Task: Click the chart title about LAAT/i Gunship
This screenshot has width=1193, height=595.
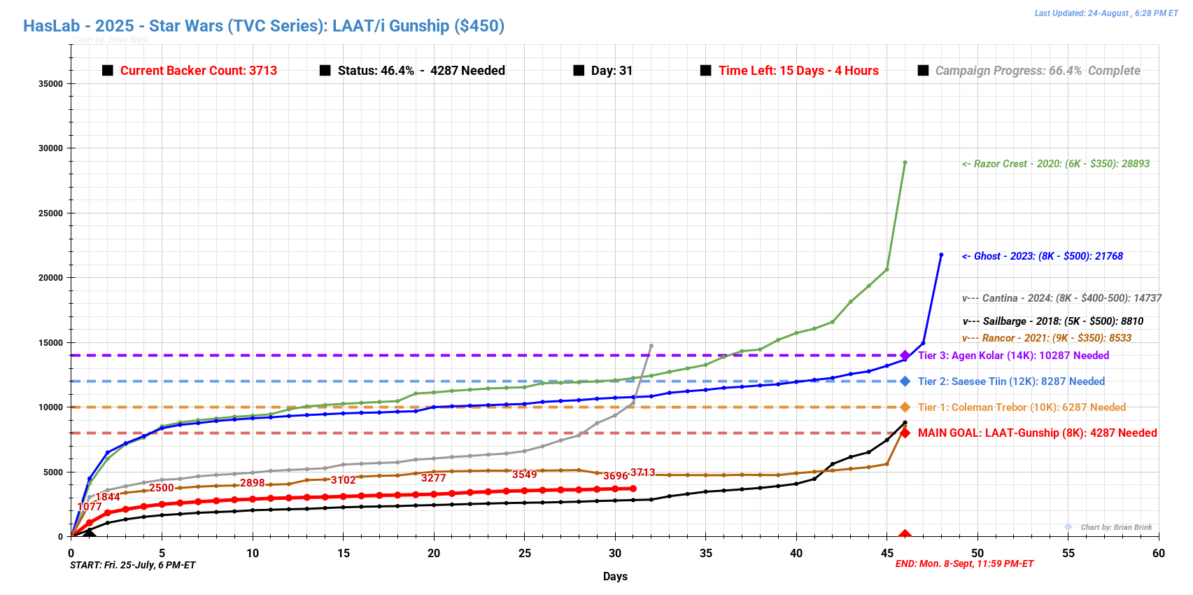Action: tap(264, 26)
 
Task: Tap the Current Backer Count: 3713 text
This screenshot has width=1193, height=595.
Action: tap(198, 71)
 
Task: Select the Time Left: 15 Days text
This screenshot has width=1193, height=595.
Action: tap(798, 71)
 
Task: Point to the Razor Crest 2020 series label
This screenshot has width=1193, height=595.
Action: tap(1055, 164)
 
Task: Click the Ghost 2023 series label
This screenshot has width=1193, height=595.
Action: tap(1042, 256)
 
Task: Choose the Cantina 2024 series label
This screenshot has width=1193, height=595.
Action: tap(1061, 298)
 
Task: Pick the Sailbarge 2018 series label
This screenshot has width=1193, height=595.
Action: tap(1053, 321)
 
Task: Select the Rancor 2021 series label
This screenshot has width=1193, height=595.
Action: tap(1047, 338)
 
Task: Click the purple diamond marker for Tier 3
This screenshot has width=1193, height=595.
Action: tap(905, 356)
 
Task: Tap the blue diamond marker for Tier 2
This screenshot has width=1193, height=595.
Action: tap(905, 381)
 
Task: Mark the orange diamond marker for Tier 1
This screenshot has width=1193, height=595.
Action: tap(905, 407)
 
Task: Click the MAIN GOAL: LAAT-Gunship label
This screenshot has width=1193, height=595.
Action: tap(1037, 433)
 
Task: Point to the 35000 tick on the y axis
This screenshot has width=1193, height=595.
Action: tap(50, 83)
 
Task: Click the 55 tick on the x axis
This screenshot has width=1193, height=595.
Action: tap(1068, 553)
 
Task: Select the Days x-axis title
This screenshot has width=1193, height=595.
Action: tap(615, 576)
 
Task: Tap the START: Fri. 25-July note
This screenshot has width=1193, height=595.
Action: tap(133, 565)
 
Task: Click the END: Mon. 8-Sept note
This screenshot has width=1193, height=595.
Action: tap(964, 563)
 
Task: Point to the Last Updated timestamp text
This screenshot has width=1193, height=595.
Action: tap(1106, 13)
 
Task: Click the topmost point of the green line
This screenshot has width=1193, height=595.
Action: tap(905, 162)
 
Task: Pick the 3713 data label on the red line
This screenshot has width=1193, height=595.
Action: tap(642, 472)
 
